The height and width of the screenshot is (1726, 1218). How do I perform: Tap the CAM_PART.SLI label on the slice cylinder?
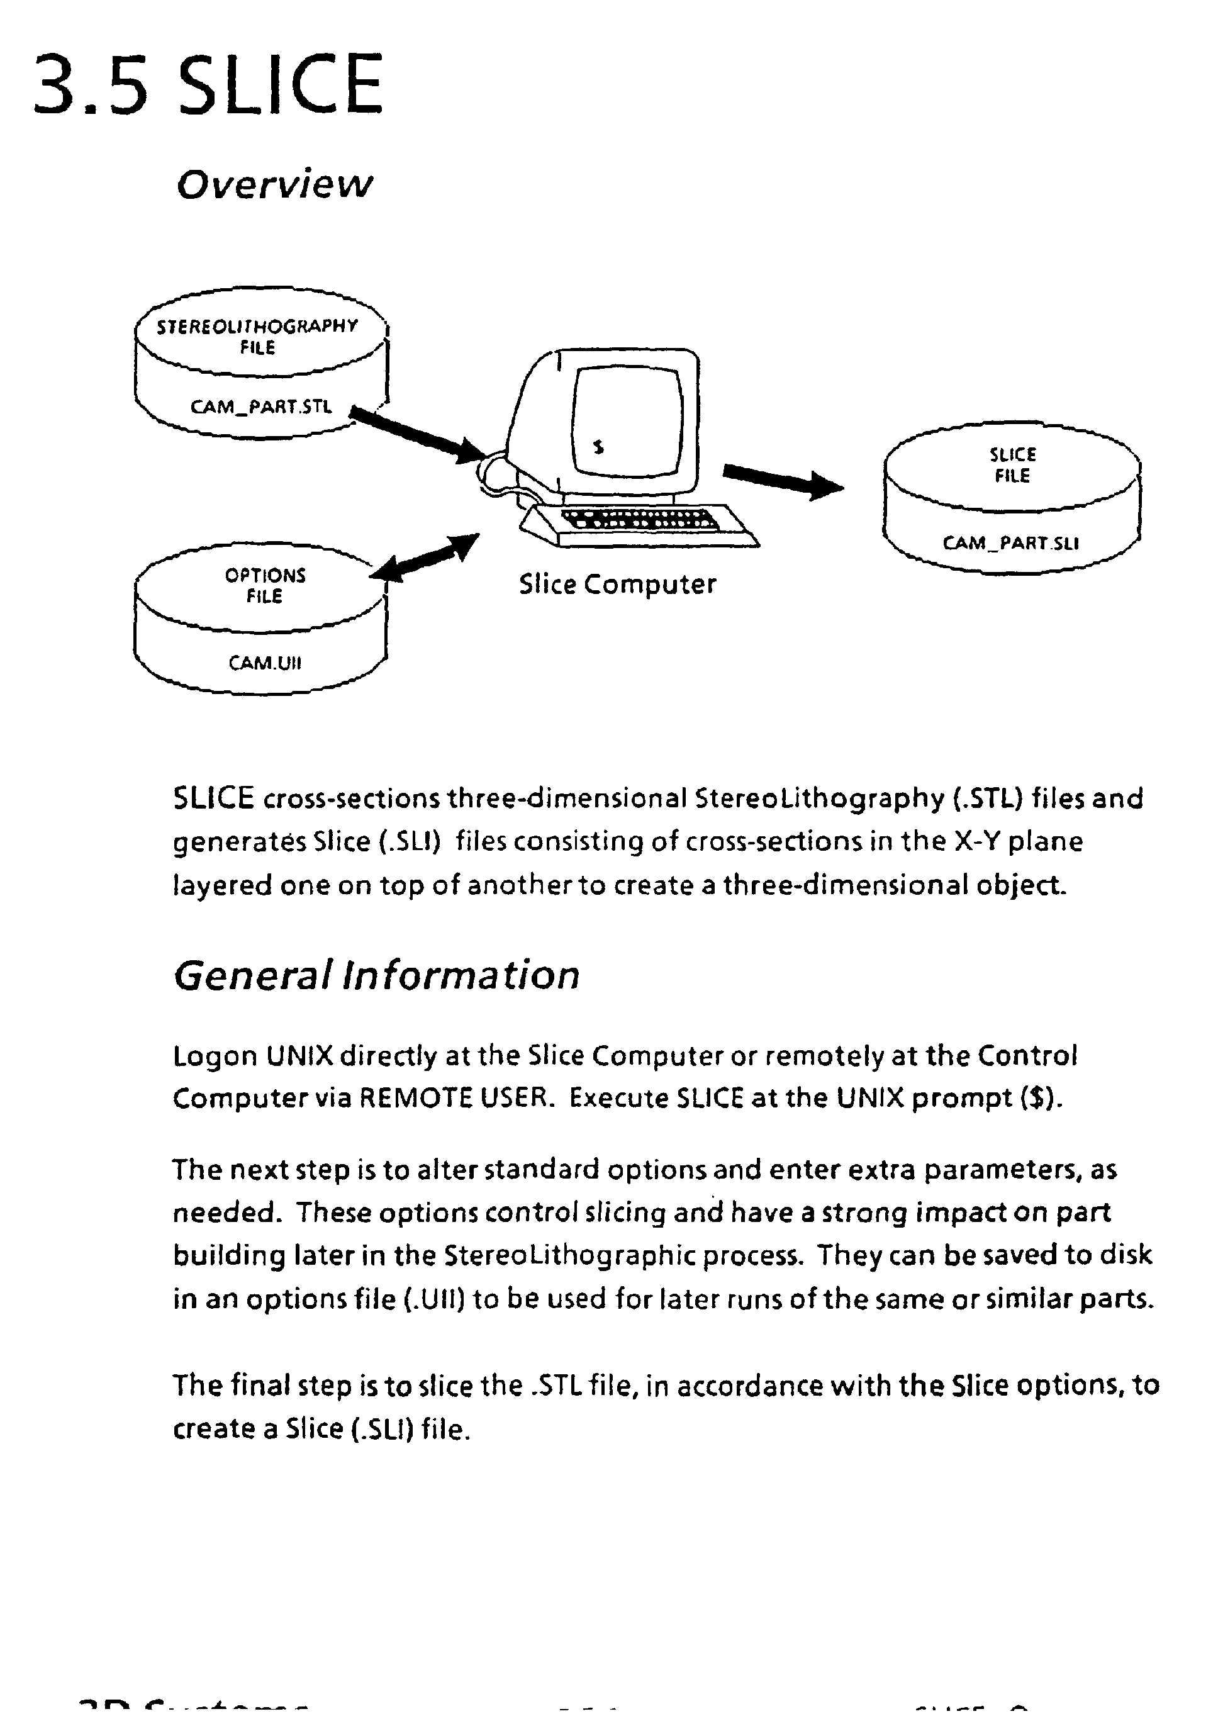1010,543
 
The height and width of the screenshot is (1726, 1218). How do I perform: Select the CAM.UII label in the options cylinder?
264,663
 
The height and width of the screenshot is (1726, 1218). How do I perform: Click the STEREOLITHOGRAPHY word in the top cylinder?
257,326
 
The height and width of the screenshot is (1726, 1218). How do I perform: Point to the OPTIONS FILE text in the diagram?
264,586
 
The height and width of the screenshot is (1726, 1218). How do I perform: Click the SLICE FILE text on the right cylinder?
1012,466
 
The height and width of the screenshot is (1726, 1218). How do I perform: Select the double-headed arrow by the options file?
425,558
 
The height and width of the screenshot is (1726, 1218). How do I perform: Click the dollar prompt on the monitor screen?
598,447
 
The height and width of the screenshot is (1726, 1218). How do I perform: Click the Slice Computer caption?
617,585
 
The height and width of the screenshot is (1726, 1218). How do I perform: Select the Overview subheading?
274,184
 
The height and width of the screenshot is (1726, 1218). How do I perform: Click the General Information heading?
376,976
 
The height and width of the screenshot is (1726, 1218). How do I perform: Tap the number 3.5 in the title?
90,84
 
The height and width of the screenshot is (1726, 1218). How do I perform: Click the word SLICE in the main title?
282,84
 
